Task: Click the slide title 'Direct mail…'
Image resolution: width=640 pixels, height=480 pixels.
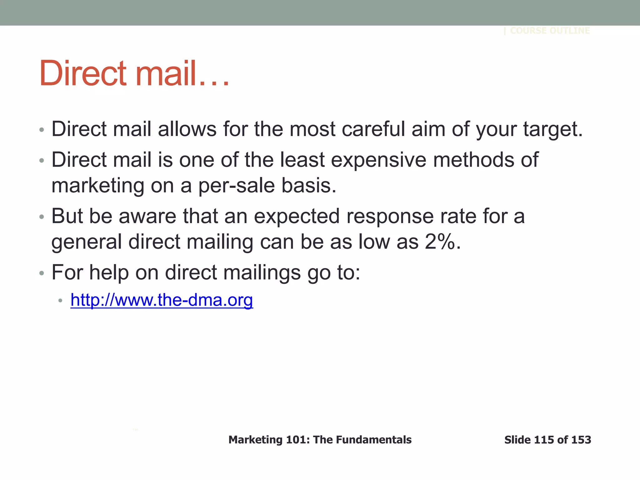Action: (134, 73)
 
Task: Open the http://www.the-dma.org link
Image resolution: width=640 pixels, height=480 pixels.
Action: (162, 300)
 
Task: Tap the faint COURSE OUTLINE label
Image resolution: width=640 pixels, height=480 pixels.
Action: (550, 31)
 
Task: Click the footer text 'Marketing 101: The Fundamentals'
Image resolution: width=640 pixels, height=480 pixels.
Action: (320, 440)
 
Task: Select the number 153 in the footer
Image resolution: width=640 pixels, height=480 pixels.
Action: (581, 440)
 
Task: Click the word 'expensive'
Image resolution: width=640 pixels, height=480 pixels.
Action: (378, 160)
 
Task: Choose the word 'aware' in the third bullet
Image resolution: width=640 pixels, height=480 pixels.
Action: (147, 216)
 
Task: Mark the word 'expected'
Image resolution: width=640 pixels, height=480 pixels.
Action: (297, 216)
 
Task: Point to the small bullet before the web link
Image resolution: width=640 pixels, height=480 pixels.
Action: (61, 301)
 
